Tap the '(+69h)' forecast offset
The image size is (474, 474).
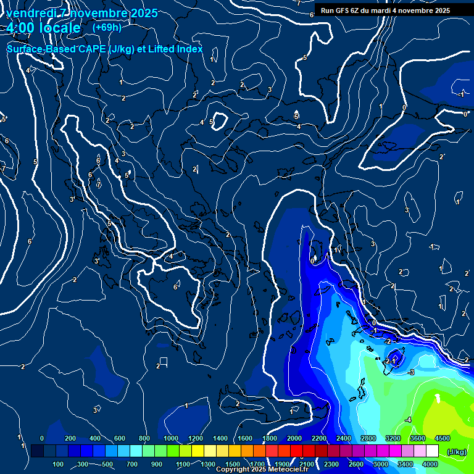click(x=107, y=28)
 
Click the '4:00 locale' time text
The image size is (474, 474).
click(x=43, y=28)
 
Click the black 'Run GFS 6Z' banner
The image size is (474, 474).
click(x=385, y=10)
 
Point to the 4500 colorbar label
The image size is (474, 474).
click(x=442, y=438)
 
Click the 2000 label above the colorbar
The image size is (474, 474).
click(x=294, y=438)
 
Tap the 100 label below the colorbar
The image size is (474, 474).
click(x=59, y=464)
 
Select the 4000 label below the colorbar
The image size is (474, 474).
click(x=430, y=464)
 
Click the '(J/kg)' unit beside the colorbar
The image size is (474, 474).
click(x=456, y=452)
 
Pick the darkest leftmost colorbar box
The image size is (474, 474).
click(x=37, y=451)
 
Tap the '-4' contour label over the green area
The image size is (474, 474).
click(x=407, y=420)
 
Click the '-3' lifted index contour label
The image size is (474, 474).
click(x=410, y=372)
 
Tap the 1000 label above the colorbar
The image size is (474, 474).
click(x=171, y=438)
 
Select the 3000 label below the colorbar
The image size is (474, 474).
click(x=381, y=464)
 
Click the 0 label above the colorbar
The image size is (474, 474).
click(x=41, y=438)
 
